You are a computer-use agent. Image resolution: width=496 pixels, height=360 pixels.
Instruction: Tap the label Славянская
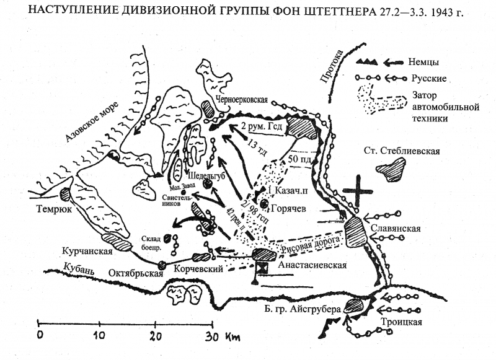coord(397,229)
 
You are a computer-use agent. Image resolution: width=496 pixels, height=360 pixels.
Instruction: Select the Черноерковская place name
coord(241,99)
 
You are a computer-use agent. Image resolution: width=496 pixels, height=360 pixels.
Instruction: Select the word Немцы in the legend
coord(424,62)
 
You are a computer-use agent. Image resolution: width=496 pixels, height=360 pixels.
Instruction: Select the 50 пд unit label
coord(299,159)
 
